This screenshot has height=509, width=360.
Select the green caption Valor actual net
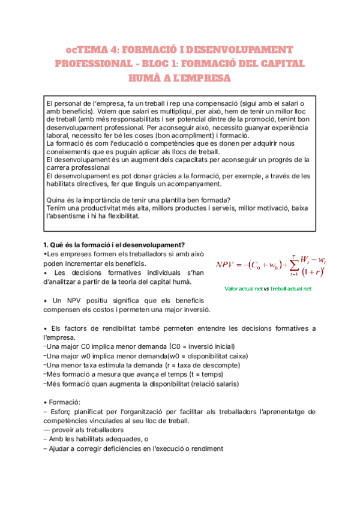[x=243, y=288]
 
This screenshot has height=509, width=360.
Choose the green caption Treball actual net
[x=291, y=288]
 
